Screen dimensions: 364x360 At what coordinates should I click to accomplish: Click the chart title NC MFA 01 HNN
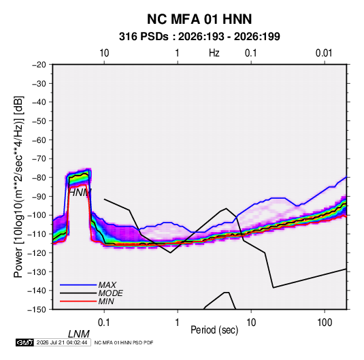click(199, 19)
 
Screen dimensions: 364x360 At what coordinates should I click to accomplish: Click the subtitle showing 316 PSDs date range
click(199, 37)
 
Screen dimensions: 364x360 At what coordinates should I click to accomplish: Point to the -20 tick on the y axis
click(39, 65)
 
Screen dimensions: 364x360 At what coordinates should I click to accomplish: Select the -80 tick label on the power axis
click(39, 178)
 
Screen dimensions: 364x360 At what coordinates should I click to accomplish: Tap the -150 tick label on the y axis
click(37, 310)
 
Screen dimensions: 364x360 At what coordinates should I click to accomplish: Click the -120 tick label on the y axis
click(37, 252)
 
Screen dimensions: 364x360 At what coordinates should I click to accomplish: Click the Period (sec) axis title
click(214, 330)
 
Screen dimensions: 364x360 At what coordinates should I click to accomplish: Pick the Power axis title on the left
click(18, 187)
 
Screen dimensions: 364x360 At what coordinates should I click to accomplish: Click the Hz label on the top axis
click(214, 53)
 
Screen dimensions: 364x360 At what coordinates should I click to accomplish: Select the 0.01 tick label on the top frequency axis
click(324, 53)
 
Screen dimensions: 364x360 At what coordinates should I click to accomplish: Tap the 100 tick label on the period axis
click(325, 323)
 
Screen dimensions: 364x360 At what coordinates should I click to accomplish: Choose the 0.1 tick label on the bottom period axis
click(104, 323)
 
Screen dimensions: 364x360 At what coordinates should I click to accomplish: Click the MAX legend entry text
click(107, 285)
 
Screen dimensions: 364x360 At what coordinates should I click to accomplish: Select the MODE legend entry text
click(110, 293)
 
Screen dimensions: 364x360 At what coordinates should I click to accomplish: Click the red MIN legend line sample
click(78, 301)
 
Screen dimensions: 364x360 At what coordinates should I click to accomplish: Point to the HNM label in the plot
click(80, 193)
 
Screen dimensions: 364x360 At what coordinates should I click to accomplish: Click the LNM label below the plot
click(78, 334)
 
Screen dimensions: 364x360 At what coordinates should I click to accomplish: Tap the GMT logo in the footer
click(24, 342)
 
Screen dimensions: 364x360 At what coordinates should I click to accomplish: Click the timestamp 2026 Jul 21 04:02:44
click(62, 342)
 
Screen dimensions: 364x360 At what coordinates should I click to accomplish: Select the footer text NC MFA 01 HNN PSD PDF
click(124, 342)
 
